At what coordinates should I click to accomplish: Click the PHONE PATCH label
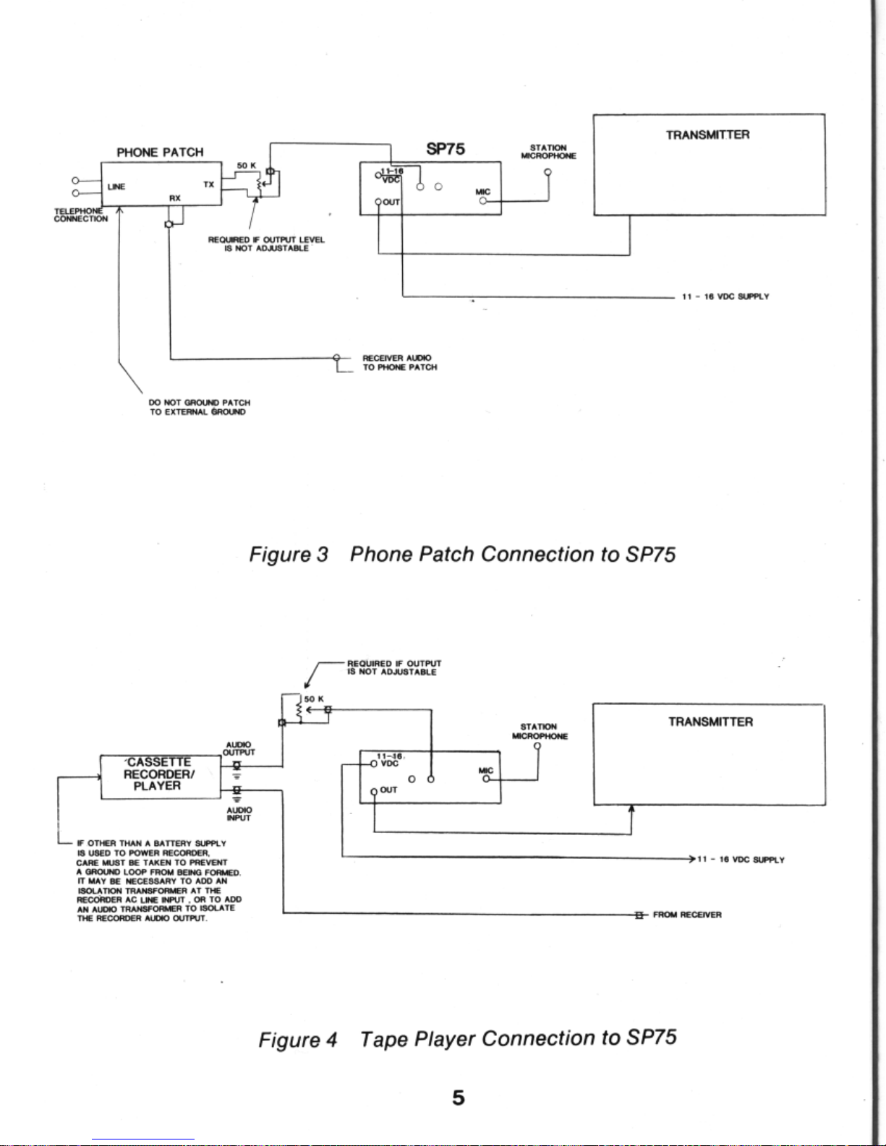tap(160, 153)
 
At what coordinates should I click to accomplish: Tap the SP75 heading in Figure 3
tap(446, 149)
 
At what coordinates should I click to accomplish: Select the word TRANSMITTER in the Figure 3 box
tap(708, 135)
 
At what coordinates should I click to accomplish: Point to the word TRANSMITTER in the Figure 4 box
tap(710, 722)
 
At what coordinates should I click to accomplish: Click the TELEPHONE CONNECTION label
tap(81, 215)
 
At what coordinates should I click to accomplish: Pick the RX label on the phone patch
tap(175, 198)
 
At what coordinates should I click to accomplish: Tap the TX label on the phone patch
tap(209, 184)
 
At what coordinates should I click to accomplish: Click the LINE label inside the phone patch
tap(116, 187)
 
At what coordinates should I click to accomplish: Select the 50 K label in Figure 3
tap(247, 166)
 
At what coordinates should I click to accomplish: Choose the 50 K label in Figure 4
tap(314, 699)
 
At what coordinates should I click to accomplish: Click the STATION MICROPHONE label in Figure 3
tap(548, 152)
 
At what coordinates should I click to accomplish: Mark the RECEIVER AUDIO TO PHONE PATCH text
tap(400, 363)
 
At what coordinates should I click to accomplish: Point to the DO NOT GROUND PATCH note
tap(200, 407)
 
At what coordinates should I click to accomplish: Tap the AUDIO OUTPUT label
tap(239, 748)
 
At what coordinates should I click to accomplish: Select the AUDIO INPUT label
tap(239, 813)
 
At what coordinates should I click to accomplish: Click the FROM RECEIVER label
tap(687, 915)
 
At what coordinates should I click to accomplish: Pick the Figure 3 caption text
tap(462, 555)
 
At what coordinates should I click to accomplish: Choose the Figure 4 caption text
tap(467, 1038)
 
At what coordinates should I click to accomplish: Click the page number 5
tap(459, 1098)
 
